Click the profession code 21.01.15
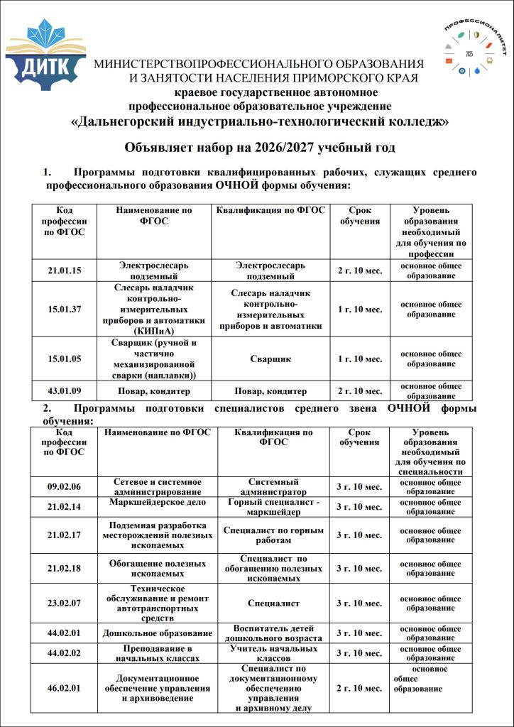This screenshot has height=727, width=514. (64, 271)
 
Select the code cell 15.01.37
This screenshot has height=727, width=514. (64, 309)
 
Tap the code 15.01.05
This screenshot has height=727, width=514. (64, 359)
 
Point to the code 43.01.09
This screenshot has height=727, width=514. (64, 391)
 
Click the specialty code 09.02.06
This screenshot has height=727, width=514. (64, 487)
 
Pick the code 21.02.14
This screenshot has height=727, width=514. (64, 507)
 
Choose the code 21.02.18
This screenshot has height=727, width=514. (64, 568)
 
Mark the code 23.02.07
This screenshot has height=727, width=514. (64, 603)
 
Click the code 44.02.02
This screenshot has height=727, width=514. (64, 653)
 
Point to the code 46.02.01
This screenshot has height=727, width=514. (64, 688)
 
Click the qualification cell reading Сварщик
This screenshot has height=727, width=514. (270, 359)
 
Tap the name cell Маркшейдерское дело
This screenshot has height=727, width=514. (158, 502)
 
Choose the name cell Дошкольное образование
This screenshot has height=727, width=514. (158, 633)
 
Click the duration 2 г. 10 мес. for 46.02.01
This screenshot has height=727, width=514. (359, 688)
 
